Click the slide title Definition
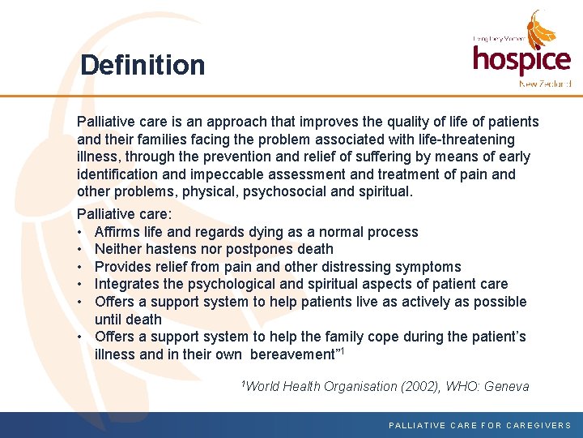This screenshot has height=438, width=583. tap(143, 65)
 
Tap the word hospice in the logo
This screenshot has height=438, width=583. tap(521, 60)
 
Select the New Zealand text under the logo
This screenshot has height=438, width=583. tap(545, 84)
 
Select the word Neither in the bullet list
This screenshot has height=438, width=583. tap(119, 249)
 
